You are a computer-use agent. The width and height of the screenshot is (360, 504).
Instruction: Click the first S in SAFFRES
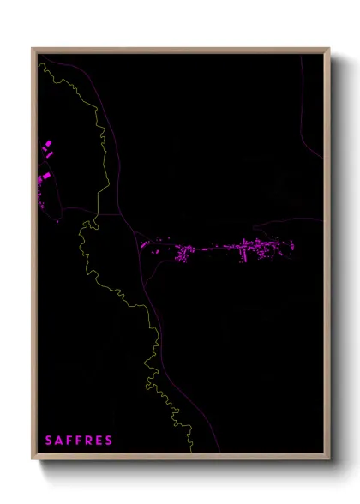tap(49, 441)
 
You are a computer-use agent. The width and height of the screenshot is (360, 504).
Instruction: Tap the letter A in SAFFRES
tap(59, 441)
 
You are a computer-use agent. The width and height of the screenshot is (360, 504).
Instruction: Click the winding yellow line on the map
tap(103, 171)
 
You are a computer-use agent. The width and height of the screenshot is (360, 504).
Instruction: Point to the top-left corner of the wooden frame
tap(33, 49)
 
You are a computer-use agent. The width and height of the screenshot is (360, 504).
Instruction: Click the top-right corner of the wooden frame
tap(329, 49)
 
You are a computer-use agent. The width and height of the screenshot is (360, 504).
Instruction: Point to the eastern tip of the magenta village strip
tap(292, 247)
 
